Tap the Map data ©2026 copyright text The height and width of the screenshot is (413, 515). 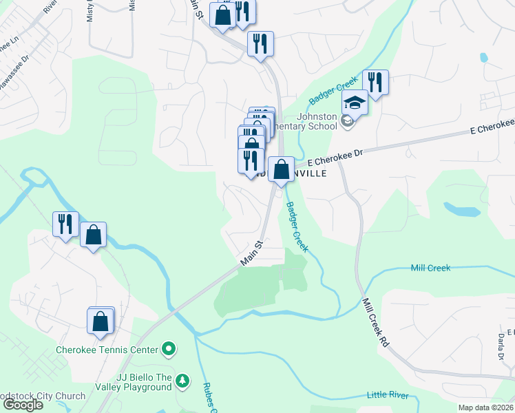coord(486,407)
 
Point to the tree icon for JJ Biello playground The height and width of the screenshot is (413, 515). coord(182,380)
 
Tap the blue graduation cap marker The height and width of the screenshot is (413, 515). coord(355,103)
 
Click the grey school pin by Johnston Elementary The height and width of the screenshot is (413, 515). coord(348,122)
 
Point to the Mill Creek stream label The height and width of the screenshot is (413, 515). coord(430,268)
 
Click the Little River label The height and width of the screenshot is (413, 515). coord(387,395)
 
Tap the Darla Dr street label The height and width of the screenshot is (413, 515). coord(501,351)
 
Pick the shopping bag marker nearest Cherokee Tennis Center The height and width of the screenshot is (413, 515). coord(101,321)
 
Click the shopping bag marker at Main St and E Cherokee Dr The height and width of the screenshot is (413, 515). coord(281,169)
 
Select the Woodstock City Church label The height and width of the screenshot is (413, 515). coord(43,396)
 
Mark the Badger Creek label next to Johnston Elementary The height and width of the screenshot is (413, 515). coord(335,89)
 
